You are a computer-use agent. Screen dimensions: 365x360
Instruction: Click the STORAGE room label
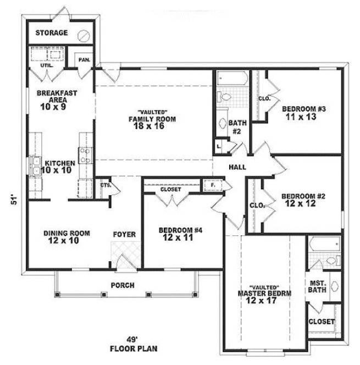click(52, 33)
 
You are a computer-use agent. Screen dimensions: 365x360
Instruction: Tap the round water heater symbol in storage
click(84, 35)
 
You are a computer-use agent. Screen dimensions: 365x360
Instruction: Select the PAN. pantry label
click(84, 59)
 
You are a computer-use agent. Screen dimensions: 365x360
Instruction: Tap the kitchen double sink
click(34, 166)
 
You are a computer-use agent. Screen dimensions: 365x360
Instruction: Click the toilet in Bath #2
click(225, 97)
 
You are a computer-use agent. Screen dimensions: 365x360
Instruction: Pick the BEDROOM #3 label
click(304, 109)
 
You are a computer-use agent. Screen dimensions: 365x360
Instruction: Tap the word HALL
click(237, 167)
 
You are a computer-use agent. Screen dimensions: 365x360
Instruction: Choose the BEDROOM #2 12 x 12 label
click(300, 200)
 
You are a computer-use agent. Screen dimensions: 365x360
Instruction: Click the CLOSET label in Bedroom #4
click(170, 189)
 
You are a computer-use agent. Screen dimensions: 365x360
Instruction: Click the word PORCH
click(123, 285)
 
